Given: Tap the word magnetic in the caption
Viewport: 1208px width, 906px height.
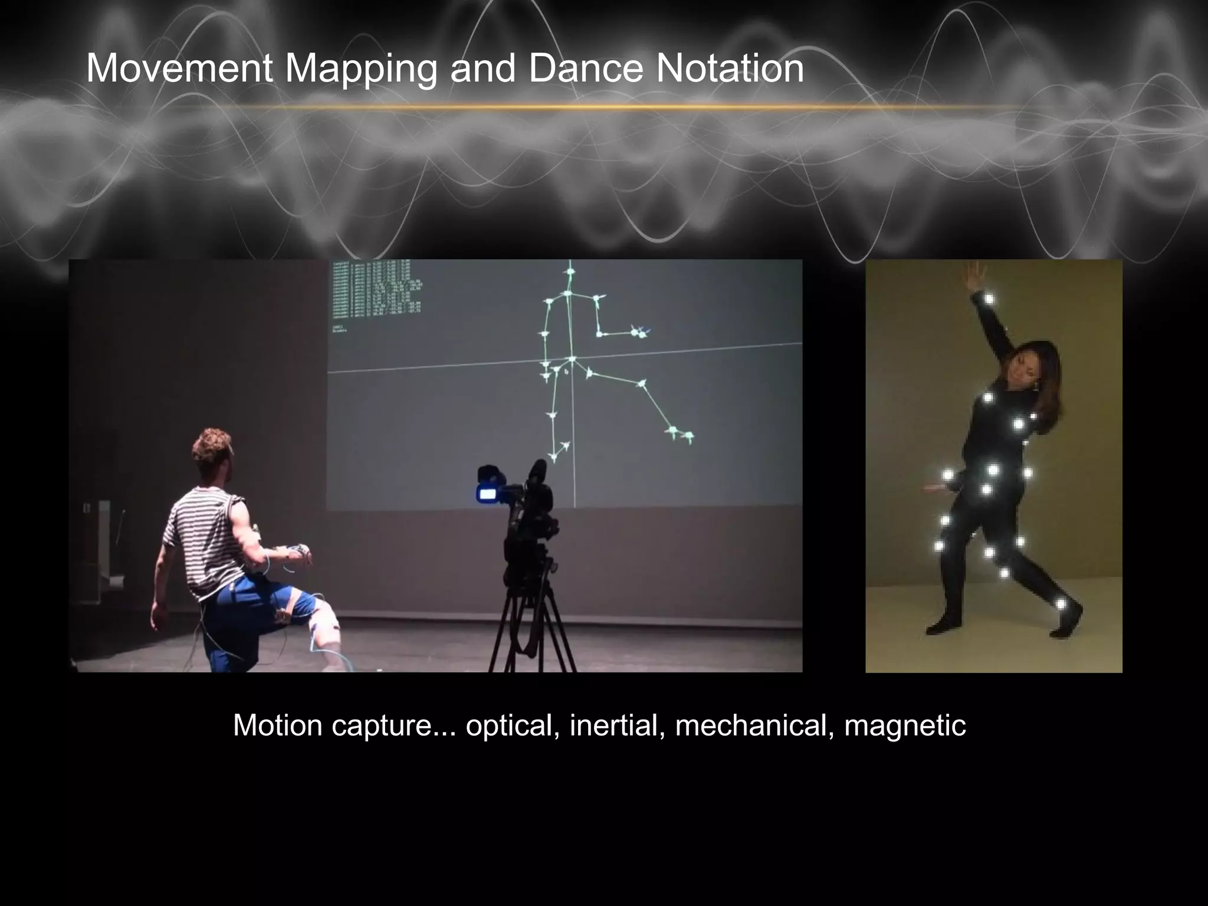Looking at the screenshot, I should (905, 726).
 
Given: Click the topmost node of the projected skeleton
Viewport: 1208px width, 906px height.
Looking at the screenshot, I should (570, 272).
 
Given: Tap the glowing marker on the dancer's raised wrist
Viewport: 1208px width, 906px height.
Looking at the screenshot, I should (989, 300).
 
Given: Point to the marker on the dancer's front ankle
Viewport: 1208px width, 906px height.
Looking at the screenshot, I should (1061, 604).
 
